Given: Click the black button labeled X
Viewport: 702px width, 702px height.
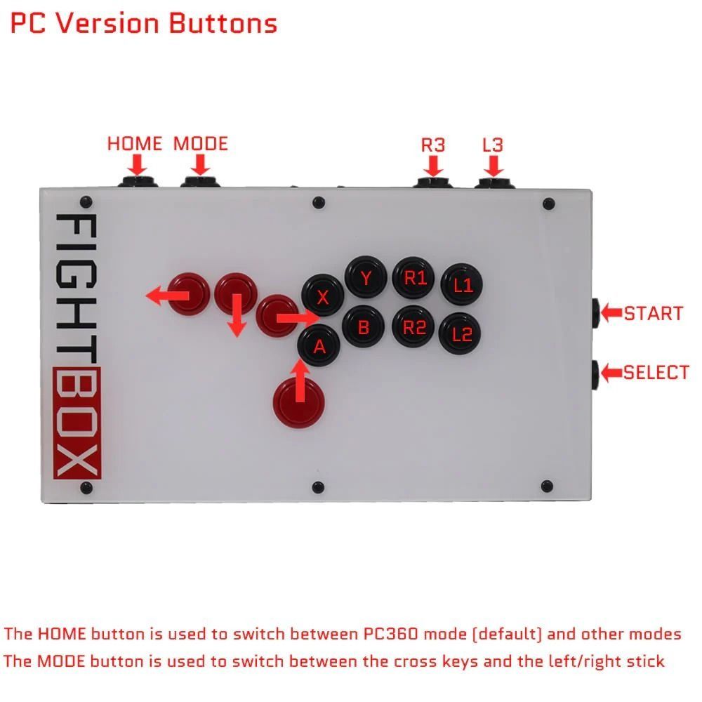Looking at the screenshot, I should tap(322, 297).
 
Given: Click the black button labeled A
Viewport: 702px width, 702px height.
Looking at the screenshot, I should tap(319, 345).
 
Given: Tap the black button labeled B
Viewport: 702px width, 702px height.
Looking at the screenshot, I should tap(364, 326).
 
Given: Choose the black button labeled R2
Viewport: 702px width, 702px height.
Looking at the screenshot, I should tap(414, 326).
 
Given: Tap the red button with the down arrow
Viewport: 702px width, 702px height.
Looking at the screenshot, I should tap(236, 293).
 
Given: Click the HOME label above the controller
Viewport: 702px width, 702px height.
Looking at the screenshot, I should tap(134, 144).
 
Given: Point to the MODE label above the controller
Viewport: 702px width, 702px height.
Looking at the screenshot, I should tap(201, 144).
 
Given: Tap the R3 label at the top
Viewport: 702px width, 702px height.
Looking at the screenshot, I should tap(433, 145).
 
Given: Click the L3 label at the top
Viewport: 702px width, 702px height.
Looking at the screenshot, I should tap(493, 145).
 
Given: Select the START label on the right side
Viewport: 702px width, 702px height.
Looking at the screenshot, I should tap(654, 313).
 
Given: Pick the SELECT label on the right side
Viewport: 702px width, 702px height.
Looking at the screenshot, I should tap(656, 373).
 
